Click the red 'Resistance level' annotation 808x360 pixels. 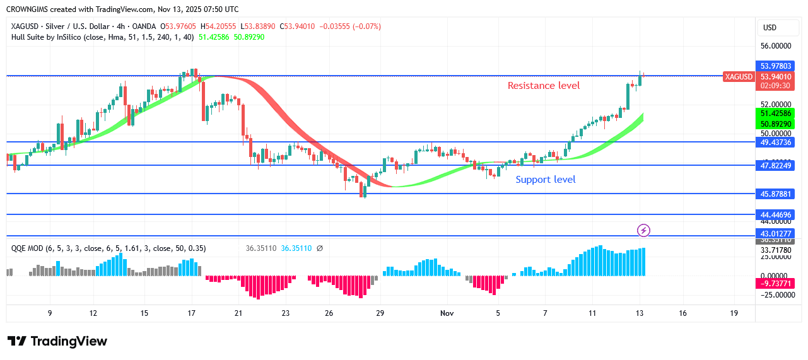tap(544, 86)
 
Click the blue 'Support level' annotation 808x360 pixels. tap(546, 180)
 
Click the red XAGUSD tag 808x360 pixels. tap(739, 77)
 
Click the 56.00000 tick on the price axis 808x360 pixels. tap(776, 46)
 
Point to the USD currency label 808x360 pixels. tap(770, 28)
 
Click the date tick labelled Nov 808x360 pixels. tap(447, 313)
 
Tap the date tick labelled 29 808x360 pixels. tap(380, 313)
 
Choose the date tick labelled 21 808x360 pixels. tap(238, 313)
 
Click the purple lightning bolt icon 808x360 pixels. tap(643, 230)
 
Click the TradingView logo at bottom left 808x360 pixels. tap(57, 341)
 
